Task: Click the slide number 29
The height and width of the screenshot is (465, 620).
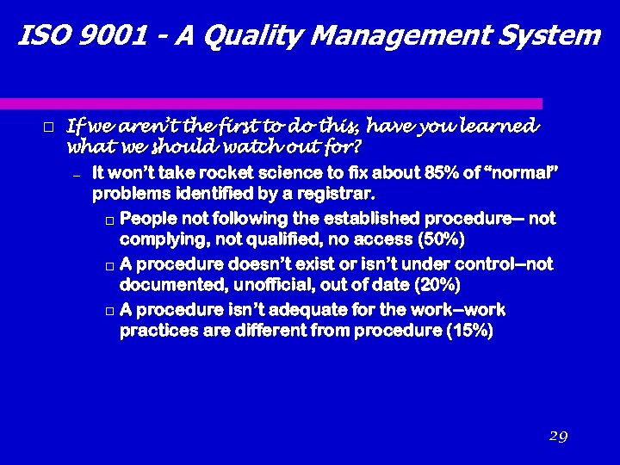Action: (x=557, y=437)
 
